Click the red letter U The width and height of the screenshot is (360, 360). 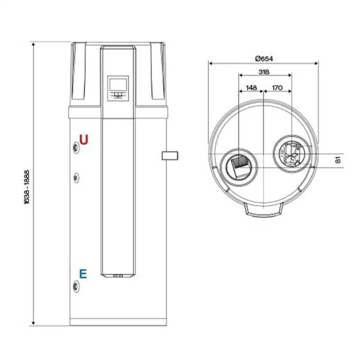pyautogui.click(x=84, y=139)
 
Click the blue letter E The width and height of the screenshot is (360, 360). pyautogui.click(x=83, y=274)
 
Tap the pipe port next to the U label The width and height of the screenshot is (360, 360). pyautogui.click(x=76, y=146)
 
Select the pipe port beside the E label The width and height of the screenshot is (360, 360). pyautogui.click(x=76, y=284)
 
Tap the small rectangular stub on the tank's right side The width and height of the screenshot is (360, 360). pyautogui.click(x=170, y=156)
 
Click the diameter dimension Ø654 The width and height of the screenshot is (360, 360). pyautogui.click(x=264, y=58)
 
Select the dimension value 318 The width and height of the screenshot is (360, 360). pyautogui.click(x=264, y=72)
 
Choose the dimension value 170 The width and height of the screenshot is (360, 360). pyautogui.click(x=277, y=88)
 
